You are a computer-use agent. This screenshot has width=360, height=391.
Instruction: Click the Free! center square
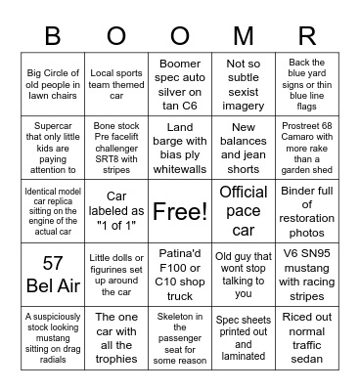pyautogui.click(x=180, y=210)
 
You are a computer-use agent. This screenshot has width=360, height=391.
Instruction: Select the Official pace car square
pyautogui.click(x=243, y=210)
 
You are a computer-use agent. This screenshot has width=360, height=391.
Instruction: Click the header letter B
pyautogui.click(x=53, y=35)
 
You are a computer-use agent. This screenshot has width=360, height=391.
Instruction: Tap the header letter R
pyautogui.click(x=306, y=35)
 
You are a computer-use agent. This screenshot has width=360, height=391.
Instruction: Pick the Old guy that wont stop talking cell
pyautogui.click(x=243, y=273)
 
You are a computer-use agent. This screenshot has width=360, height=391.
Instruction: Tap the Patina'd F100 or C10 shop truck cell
pyautogui.click(x=180, y=273)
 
